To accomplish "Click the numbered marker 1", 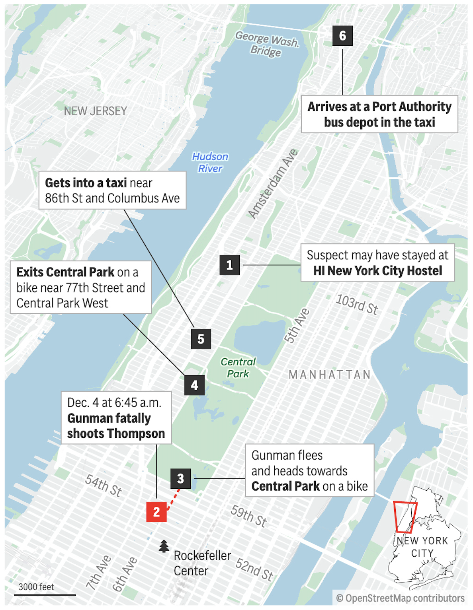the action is [x=229, y=265].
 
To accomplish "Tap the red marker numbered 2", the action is [x=156, y=512].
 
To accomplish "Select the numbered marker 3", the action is [x=180, y=479].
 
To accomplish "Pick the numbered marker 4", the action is [x=194, y=385].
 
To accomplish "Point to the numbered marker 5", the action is [x=201, y=339].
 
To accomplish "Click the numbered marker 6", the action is [x=342, y=36].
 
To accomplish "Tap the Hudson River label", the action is [x=210, y=163].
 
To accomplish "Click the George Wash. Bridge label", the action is [x=266, y=44].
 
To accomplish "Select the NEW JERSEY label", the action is [x=96, y=111].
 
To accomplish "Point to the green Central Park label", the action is [x=238, y=368].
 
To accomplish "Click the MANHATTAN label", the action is [x=330, y=375].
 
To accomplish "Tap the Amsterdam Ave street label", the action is [x=273, y=184].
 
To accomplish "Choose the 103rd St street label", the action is [x=357, y=305].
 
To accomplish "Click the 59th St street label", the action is [x=249, y=516].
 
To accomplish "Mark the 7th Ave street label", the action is [x=98, y=572].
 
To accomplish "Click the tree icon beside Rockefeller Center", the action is [x=164, y=546].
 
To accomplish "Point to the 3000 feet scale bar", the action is [x=45, y=595].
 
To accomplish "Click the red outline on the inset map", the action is [x=405, y=517].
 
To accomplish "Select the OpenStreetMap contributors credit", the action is [x=400, y=598].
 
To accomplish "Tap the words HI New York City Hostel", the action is [x=377, y=271].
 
